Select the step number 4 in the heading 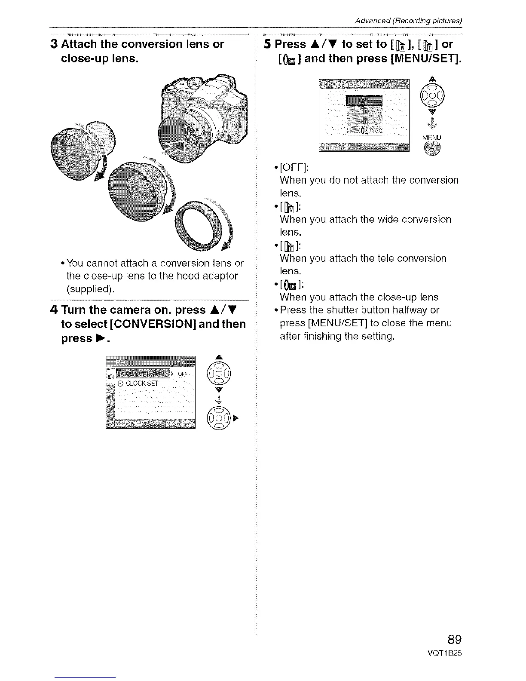point(54,310)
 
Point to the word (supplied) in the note point(90,288)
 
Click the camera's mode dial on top point(171,89)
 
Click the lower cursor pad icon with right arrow point(217,417)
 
